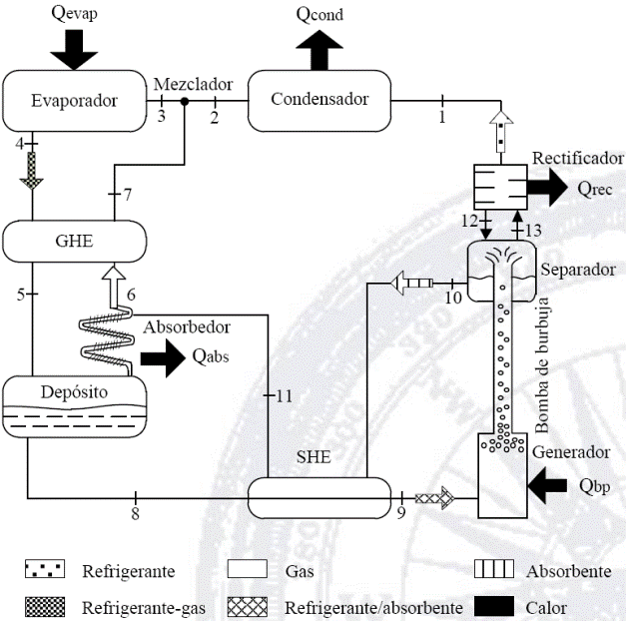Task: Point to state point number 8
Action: point(135,513)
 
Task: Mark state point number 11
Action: point(284,396)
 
